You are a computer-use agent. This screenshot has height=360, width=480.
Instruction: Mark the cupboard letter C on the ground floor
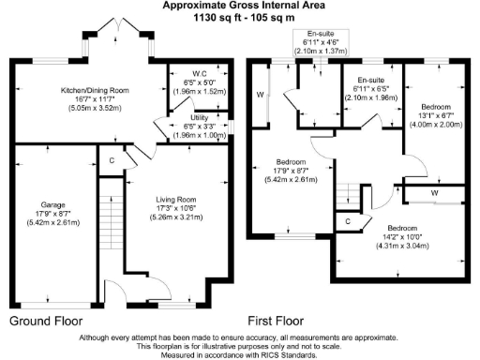pyautogui.click(x=112, y=160)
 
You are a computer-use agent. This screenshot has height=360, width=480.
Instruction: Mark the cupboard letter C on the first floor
pyautogui.click(x=347, y=221)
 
